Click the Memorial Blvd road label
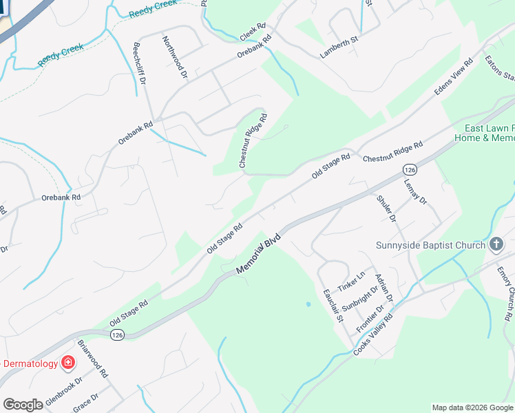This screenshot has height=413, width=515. tap(260, 253)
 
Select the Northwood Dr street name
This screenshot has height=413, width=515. tap(175, 56)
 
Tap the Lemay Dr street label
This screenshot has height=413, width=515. tap(416, 191)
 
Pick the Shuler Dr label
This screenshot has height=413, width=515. tap(386, 209)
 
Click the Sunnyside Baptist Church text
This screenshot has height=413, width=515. tap(430, 245)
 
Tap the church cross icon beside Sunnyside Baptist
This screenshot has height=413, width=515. tap(496, 244)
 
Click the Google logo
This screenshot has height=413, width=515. tap(23, 405)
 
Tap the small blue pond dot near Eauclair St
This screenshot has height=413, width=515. tap(308, 304)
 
